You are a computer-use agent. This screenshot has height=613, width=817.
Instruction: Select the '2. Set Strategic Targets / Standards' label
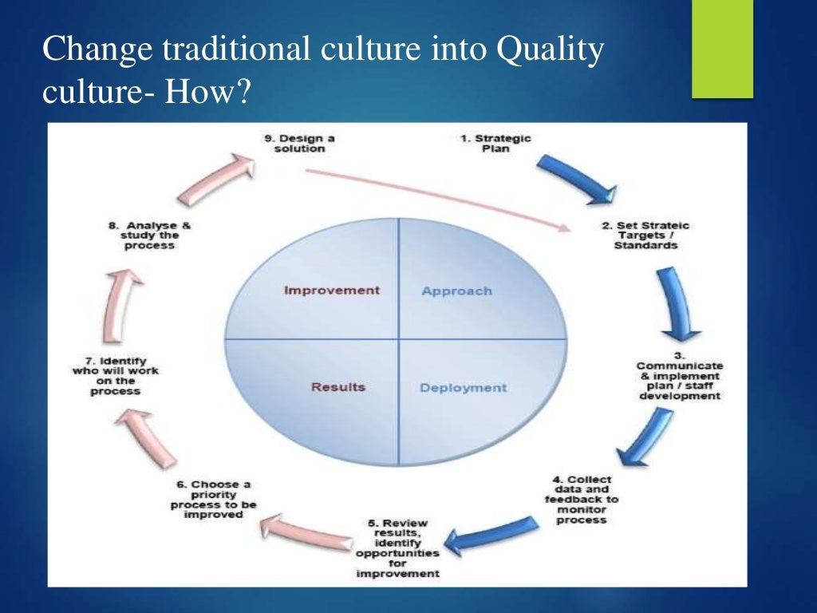tap(646, 235)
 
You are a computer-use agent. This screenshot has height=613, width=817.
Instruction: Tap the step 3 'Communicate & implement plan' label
tap(678, 380)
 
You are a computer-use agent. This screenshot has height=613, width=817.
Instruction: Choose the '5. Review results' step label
tap(398, 549)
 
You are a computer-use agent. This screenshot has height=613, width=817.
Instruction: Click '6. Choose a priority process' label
tap(213, 500)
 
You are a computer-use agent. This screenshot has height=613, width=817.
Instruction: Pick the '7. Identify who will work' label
tap(116, 376)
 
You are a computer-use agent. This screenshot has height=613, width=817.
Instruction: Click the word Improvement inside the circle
tap(332, 291)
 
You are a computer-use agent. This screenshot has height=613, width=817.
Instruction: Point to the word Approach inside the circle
tap(456, 291)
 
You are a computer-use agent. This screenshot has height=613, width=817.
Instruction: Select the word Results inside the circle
tap(338, 387)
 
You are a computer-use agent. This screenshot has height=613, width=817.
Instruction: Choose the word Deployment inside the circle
tap(463, 388)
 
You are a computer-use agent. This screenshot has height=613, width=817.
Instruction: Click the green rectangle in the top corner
tap(722, 49)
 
